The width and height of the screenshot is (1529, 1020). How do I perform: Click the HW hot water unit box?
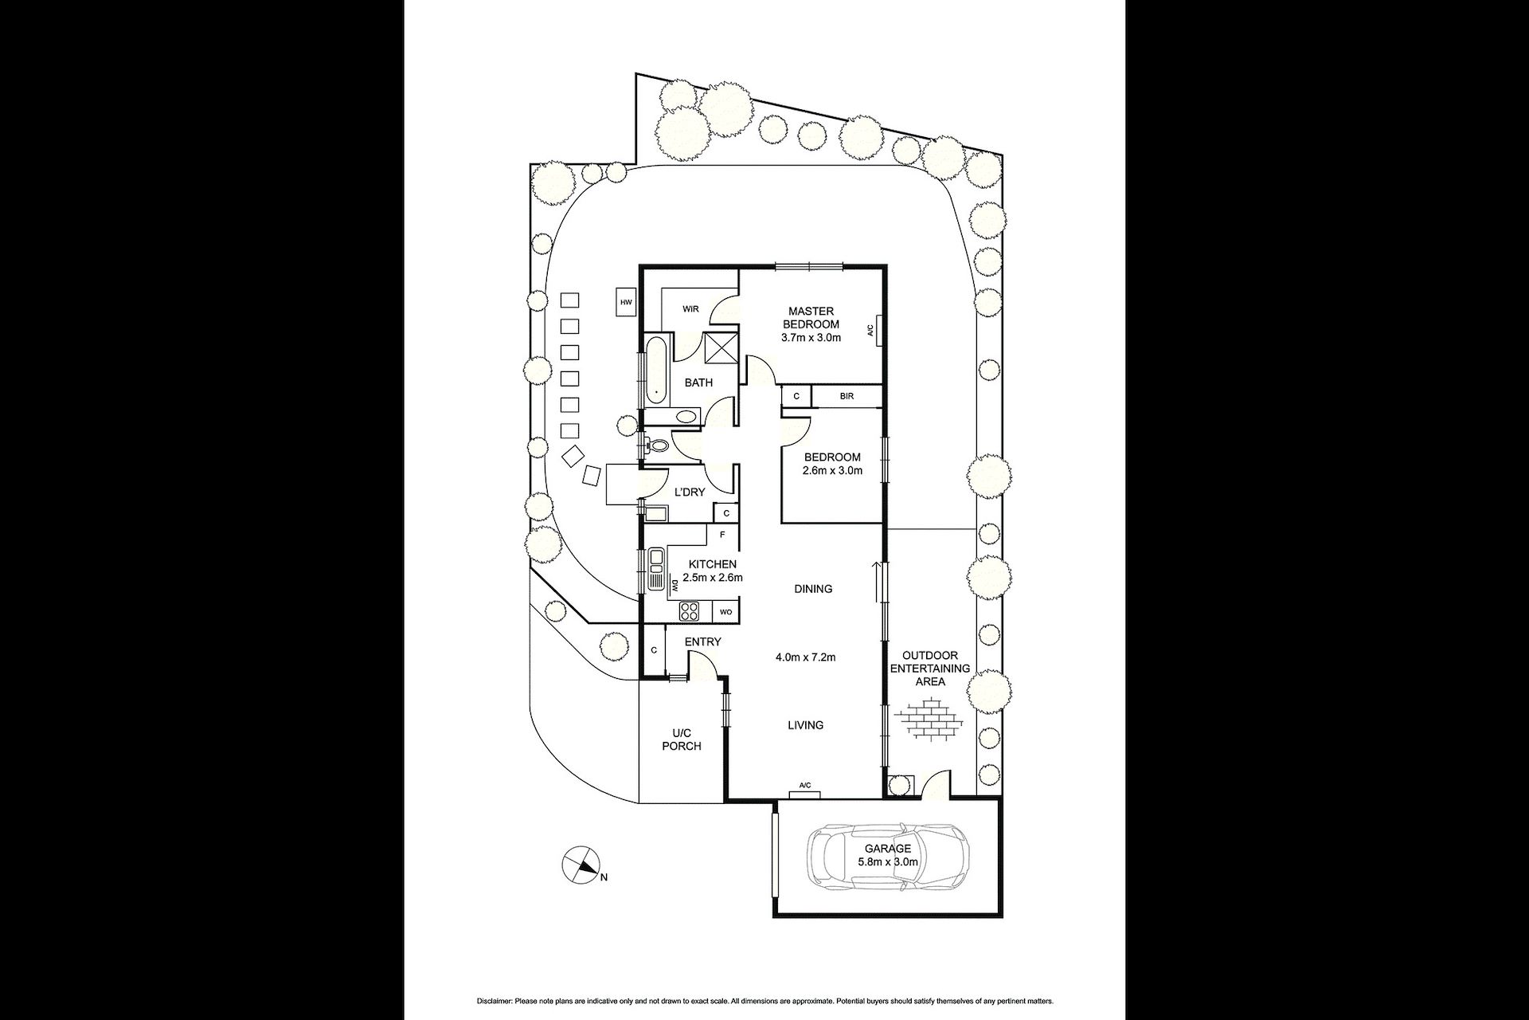(x=626, y=302)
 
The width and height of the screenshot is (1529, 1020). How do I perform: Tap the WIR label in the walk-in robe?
(x=690, y=309)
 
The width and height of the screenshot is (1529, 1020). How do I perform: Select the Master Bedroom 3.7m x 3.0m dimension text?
(x=811, y=338)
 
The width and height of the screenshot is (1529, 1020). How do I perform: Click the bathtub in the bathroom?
(x=655, y=371)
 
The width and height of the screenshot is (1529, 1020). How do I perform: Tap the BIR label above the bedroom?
(x=847, y=396)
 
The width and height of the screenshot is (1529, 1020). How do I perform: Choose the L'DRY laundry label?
(x=690, y=492)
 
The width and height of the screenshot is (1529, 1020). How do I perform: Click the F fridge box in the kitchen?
(x=722, y=535)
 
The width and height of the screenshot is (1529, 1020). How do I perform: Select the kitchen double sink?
(x=656, y=569)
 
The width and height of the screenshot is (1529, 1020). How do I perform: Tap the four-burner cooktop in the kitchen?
(x=690, y=611)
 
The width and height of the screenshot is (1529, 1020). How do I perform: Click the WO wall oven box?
(x=725, y=612)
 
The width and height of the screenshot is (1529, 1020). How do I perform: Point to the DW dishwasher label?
(x=674, y=586)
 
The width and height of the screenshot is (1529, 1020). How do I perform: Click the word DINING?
(x=813, y=589)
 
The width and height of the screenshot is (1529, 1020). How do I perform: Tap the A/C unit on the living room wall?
(x=805, y=787)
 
